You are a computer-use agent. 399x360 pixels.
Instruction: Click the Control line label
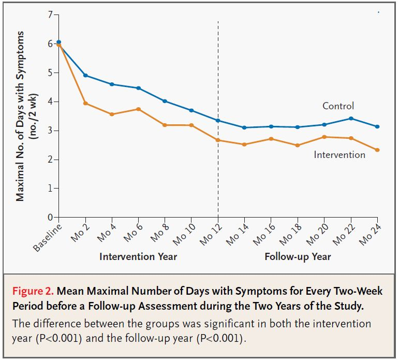click(x=338, y=106)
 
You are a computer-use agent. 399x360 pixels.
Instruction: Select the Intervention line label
click(x=339, y=154)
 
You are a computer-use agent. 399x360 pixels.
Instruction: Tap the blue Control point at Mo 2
click(x=85, y=76)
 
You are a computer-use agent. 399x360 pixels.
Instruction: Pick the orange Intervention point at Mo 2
click(x=85, y=103)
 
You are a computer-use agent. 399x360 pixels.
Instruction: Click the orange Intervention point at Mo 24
click(x=377, y=150)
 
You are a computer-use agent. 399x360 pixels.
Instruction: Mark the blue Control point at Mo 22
click(x=351, y=118)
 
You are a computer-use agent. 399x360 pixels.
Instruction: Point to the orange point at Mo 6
click(x=138, y=109)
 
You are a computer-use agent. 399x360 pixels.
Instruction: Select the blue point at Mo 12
click(x=218, y=120)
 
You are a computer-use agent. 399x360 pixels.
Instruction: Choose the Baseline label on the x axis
click(x=48, y=237)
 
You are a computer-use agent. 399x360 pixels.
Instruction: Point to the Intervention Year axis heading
click(x=138, y=256)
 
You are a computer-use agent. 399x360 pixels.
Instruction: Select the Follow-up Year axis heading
click(x=298, y=256)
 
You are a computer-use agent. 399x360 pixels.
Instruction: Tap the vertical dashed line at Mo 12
click(x=218, y=171)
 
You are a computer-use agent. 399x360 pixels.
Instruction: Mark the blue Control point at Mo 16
click(x=271, y=126)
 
